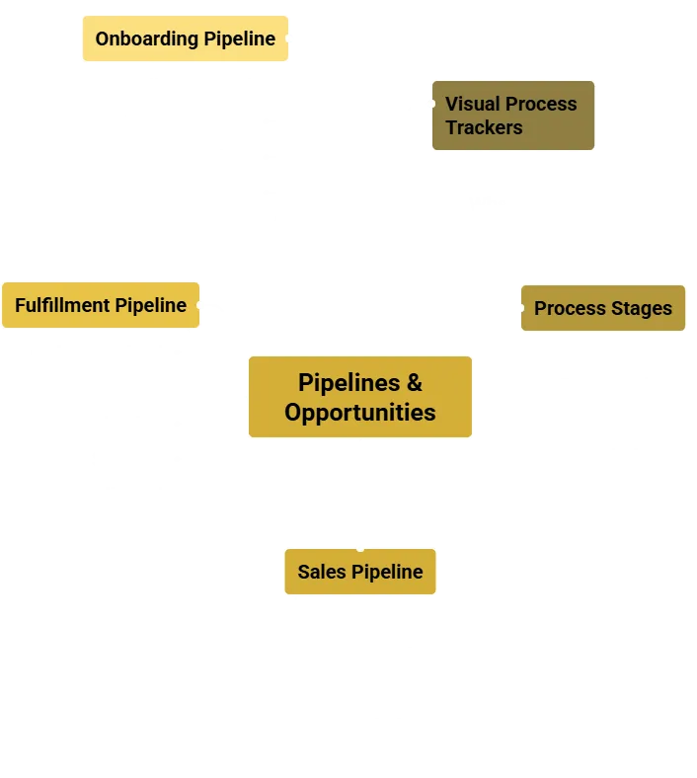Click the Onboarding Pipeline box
point(185,39)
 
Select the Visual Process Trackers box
point(512,116)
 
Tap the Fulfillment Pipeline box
point(101,305)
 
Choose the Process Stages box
point(602,308)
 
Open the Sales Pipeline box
point(359,572)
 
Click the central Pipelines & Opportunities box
point(359,397)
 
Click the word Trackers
point(483,127)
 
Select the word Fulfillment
point(62,305)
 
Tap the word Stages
point(642,308)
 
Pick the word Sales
point(321,572)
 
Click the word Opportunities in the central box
point(359,412)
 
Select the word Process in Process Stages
point(570,308)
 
